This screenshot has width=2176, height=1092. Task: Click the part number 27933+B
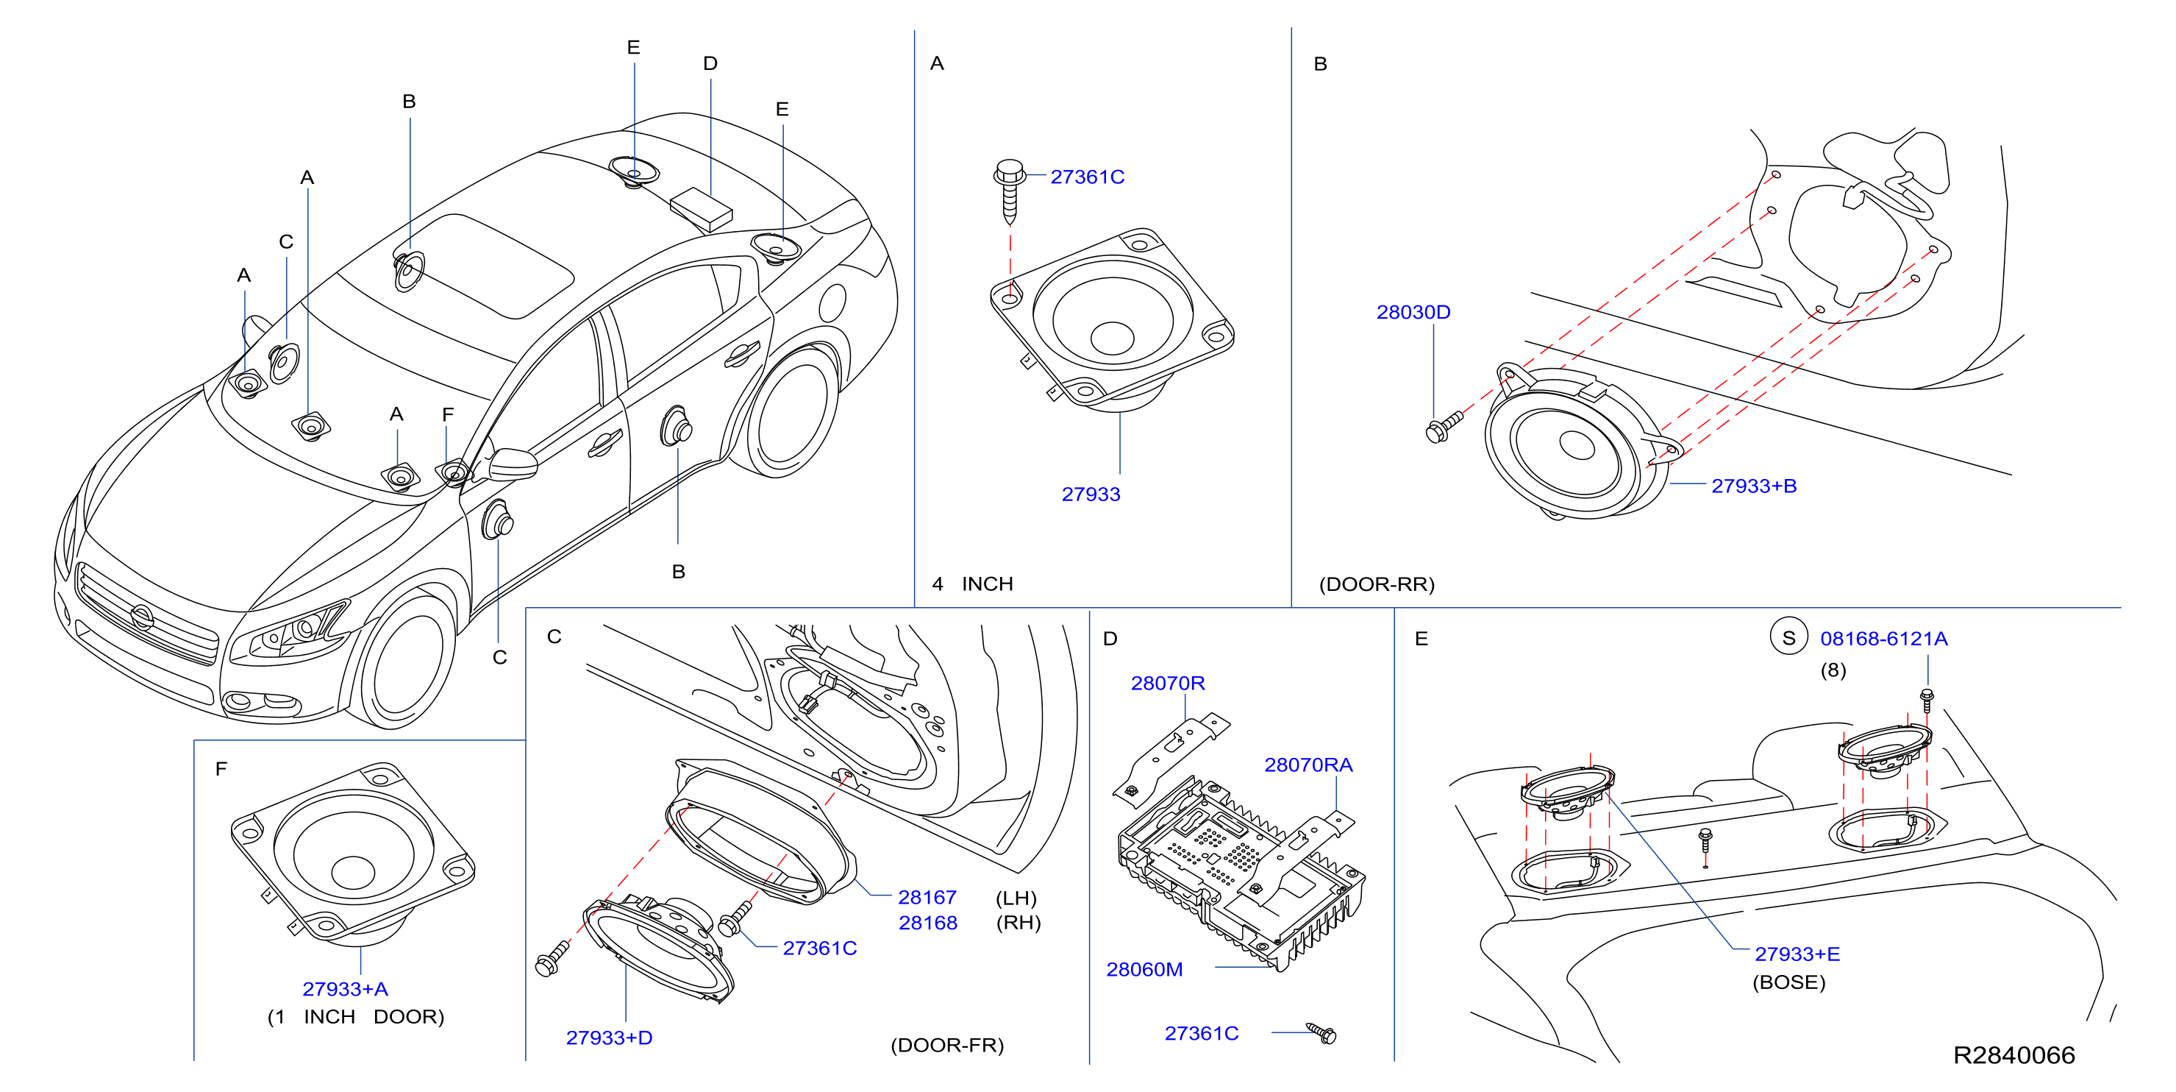1754,486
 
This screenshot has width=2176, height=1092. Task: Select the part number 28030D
1413,312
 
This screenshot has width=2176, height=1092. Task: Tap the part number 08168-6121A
1884,638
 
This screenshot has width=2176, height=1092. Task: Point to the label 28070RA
1308,764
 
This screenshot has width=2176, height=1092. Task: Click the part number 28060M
1144,968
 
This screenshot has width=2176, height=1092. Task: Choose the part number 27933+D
609,1037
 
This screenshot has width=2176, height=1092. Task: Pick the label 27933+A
346,988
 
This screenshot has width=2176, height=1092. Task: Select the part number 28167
927,897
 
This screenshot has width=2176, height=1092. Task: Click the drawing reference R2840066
2013,1054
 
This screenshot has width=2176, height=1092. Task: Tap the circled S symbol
1788,638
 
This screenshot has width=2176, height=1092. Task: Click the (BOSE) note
1788,982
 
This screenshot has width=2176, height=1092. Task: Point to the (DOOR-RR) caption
1377,584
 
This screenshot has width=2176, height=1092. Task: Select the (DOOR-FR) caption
947,1045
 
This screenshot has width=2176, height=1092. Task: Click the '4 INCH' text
972,584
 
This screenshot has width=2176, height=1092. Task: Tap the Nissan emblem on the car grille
142,618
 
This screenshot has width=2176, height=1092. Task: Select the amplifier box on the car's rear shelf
701,209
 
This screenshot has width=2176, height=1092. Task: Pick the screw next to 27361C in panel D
1322,1033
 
